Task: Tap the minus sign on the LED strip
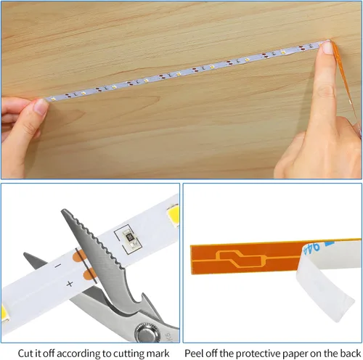pyautogui.click(x=57, y=266)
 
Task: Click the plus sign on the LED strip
pyautogui.click(x=70, y=284)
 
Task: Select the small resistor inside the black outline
pyautogui.click(x=129, y=237)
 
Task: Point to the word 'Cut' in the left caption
pyautogui.click(x=25, y=353)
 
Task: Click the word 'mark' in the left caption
pyautogui.click(x=159, y=353)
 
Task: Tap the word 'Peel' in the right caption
pyautogui.click(x=194, y=353)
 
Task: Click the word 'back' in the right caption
pyautogui.click(x=351, y=353)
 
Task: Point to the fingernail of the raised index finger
pyautogui.click(x=327, y=47)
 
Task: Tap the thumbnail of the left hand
pyautogui.click(x=41, y=107)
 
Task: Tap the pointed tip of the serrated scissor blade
pyautogui.click(x=63, y=211)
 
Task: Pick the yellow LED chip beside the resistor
pyautogui.click(x=173, y=215)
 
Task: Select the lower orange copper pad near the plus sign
pyautogui.click(x=89, y=274)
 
